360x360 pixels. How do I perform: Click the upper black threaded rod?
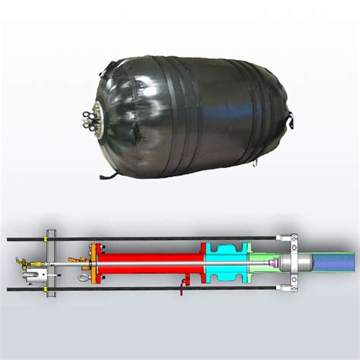152,238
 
